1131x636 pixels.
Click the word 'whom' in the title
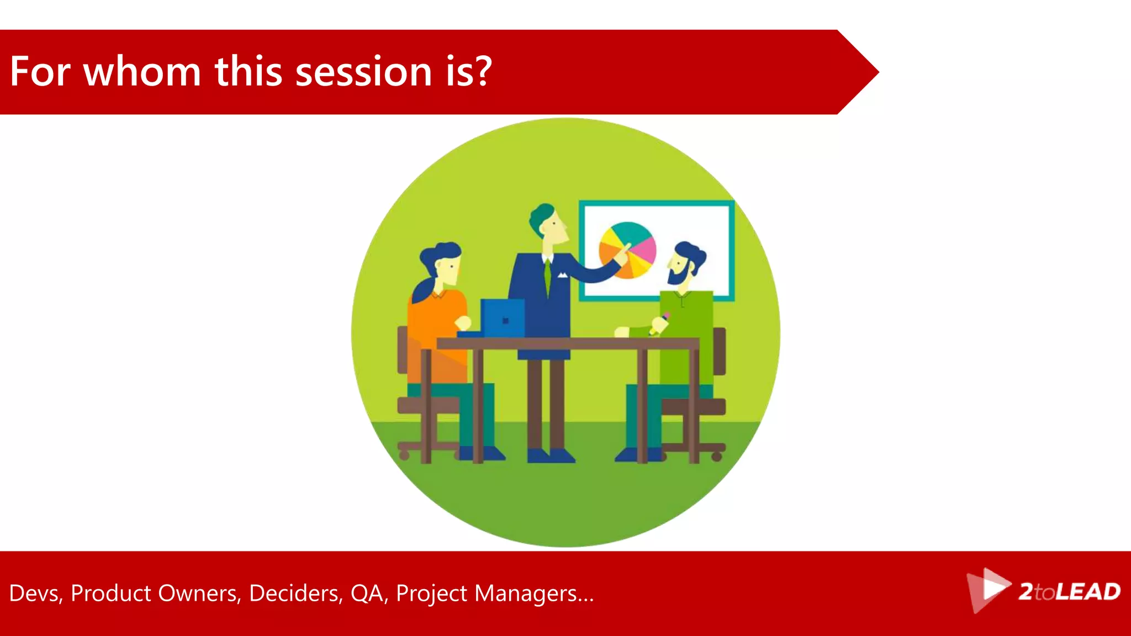click(142, 72)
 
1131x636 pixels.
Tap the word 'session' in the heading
click(363, 72)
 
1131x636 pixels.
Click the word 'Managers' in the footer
click(526, 593)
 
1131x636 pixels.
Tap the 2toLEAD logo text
click(1069, 592)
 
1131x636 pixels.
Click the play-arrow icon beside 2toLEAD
click(991, 589)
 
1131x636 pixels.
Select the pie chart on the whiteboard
click(628, 250)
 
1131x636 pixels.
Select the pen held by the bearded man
click(660, 323)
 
